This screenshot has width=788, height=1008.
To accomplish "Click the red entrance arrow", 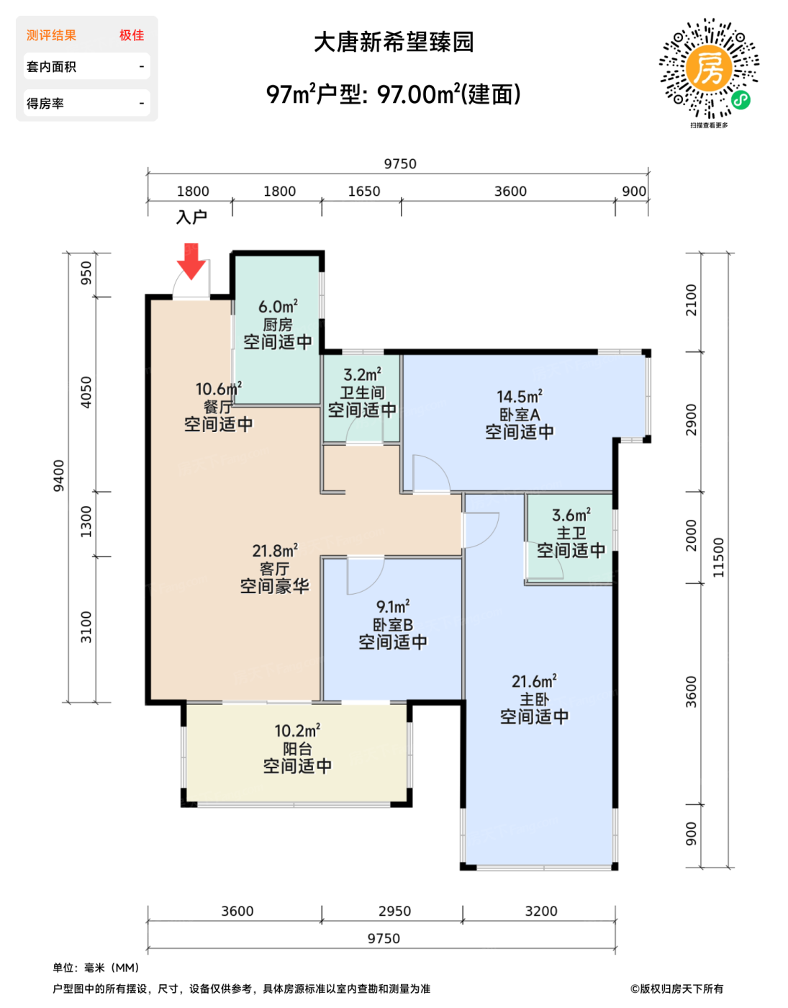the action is point(191,261).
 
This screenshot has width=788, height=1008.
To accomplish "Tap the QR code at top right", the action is point(709,68).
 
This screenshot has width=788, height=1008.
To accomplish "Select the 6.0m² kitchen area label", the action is point(278,307).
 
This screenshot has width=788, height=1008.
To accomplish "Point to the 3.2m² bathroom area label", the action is point(363,374).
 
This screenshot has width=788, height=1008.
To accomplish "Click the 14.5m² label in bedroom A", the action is point(519,397).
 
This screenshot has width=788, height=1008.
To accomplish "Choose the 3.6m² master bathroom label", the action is point(571,515).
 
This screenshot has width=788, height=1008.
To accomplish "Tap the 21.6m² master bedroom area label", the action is point(534,681).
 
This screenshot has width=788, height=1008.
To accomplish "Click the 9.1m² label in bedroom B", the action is point(393,607).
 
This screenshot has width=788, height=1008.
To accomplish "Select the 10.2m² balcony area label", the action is point(297,731).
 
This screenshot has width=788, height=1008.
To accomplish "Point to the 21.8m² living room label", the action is point(275,551).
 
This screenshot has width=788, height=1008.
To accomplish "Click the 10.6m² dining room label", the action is point(218,389).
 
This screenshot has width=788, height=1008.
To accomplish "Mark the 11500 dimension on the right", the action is point(718,557).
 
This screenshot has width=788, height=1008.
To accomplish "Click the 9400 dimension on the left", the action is point(58,475).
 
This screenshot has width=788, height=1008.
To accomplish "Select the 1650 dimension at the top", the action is point(364,191).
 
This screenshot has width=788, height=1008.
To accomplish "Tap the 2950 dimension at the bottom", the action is point(394,911).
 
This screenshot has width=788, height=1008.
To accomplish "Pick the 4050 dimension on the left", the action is point(86,392).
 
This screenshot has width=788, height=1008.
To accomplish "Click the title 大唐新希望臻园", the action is point(394,42).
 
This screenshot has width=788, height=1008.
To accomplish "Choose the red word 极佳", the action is point(132,35).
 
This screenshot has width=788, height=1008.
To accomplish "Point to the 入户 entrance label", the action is point(191,217).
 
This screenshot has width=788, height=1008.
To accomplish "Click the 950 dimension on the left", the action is point(86,273).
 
